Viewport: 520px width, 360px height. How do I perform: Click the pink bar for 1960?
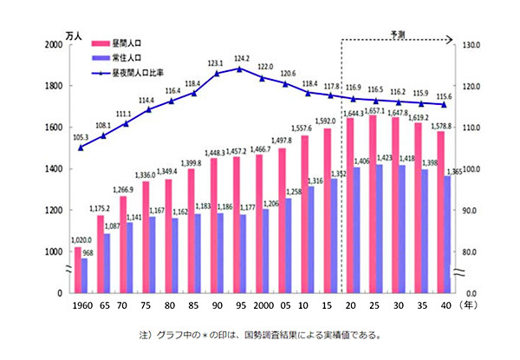click(x=77, y=270)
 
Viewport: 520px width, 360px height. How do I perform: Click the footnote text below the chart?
click(x=259, y=335)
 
